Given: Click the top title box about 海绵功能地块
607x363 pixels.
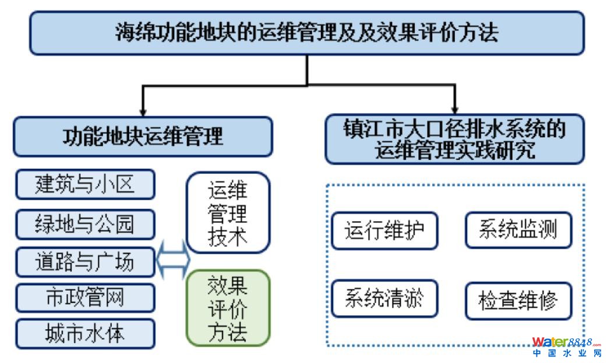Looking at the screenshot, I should click(x=306, y=33).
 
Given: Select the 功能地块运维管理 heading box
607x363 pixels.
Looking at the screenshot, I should click(x=143, y=137).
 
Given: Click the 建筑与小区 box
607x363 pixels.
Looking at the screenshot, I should click(x=85, y=184).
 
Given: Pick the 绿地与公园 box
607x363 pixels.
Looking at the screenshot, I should click(x=85, y=224).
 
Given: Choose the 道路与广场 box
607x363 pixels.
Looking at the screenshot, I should click(x=85, y=262).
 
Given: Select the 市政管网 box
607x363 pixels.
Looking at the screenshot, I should click(x=85, y=298).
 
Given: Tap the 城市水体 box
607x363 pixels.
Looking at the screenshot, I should click(x=85, y=334).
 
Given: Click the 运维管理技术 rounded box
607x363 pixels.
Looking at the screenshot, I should click(x=228, y=212).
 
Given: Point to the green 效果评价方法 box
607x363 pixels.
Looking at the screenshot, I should click(x=228, y=308).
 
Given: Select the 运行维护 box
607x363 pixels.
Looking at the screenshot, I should click(x=384, y=231).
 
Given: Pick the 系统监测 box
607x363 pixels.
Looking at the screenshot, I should click(x=518, y=230).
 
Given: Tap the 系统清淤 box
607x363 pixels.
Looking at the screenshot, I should click(x=384, y=299).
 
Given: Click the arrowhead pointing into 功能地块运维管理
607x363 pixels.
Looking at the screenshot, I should click(x=143, y=111).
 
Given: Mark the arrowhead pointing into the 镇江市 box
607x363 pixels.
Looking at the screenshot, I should click(x=455, y=109).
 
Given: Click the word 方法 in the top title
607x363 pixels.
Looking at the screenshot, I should click(x=481, y=33).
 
